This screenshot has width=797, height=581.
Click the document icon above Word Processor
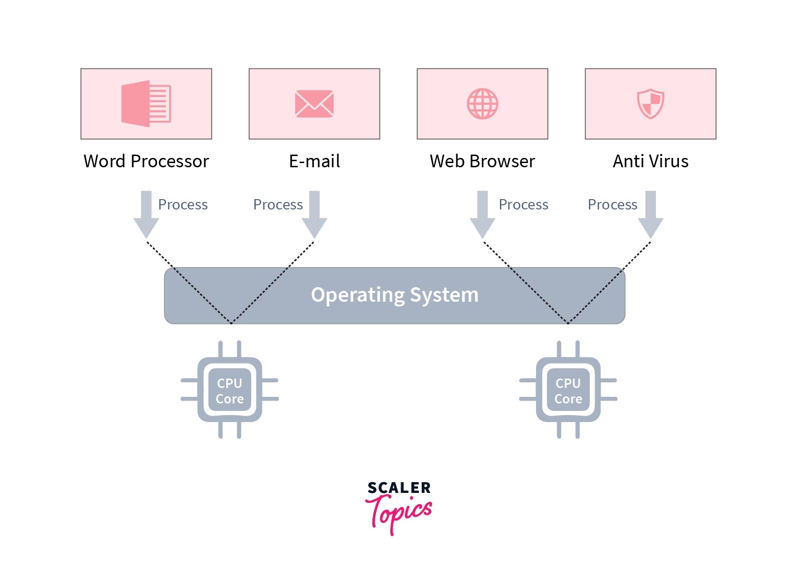pos(146,104)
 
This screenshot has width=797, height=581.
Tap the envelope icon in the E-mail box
pos(314,104)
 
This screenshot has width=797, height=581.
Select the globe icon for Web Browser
pos(482,104)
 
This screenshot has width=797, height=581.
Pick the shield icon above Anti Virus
pos(650,104)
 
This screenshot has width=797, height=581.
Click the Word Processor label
pos(146,161)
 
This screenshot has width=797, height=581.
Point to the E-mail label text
pos(314,161)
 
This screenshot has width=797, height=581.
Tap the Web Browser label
pos(482,161)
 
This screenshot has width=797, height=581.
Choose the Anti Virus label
pos(650,161)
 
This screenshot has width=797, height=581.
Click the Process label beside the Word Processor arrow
pos(183,205)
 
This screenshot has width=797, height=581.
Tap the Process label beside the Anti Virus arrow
pos(612,205)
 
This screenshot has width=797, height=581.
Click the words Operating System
pos(395,295)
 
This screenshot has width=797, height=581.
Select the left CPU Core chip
pos(230,390)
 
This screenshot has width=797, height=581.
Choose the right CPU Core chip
pos(568,390)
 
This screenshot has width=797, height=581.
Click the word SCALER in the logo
pos(399,488)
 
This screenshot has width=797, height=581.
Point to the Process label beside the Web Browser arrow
pos(523,205)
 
